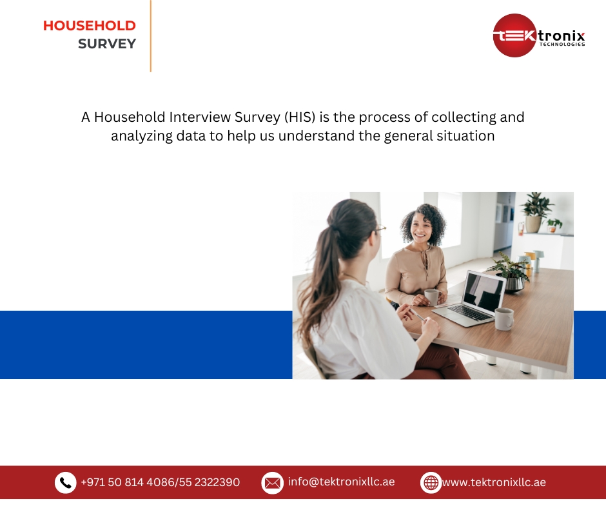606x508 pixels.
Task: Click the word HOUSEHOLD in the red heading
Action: pyautogui.click(x=89, y=26)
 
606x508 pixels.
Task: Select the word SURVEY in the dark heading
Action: pyautogui.click(x=107, y=44)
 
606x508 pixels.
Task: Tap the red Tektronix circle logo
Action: pyautogui.click(x=515, y=35)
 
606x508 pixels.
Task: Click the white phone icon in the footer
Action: pyautogui.click(x=65, y=482)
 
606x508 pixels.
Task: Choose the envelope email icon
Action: pyautogui.click(x=272, y=482)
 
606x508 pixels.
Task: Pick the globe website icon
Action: pyautogui.click(x=431, y=482)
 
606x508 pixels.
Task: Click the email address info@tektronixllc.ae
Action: pyautogui.click(x=341, y=482)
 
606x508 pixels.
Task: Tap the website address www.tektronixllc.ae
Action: pyautogui.click(x=494, y=482)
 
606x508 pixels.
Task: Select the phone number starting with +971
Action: pyautogui.click(x=160, y=482)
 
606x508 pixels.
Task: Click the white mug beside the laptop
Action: pyautogui.click(x=503, y=318)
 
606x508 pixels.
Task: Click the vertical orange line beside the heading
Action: pyautogui.click(x=151, y=35)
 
